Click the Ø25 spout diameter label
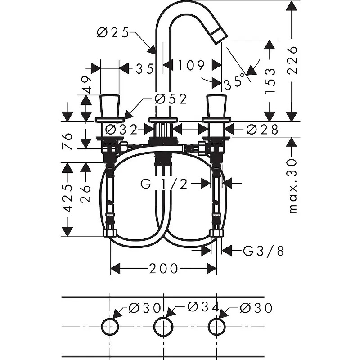pyautogui.click(x=113, y=32)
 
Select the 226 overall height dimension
pyautogui.click(x=292, y=60)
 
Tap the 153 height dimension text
pyautogui.click(x=270, y=81)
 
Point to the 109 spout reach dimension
pyautogui.click(x=191, y=65)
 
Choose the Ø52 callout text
pyautogui.click(x=171, y=99)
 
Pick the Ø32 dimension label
pyautogui.click(x=121, y=130)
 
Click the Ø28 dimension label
pyautogui.click(x=262, y=130)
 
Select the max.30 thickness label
pyautogui.click(x=293, y=186)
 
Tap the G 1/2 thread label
pyautogui.click(x=164, y=184)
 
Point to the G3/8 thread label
pyautogui.click(x=264, y=251)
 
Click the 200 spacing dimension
pyautogui.click(x=163, y=268)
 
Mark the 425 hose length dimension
pyautogui.click(x=67, y=198)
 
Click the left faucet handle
pyautogui.click(x=110, y=106)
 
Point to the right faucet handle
pyautogui.click(x=216, y=106)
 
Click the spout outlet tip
pyautogui.click(x=219, y=35)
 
